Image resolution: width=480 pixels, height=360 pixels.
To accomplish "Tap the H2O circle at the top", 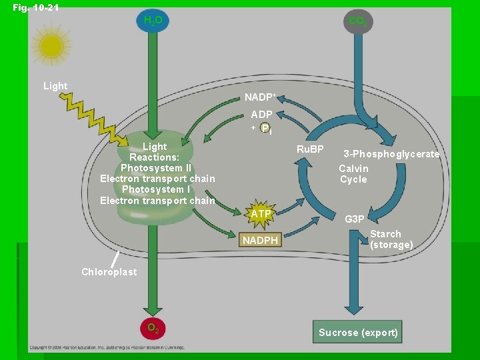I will point(153,21).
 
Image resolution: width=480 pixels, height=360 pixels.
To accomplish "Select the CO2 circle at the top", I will point(357,22).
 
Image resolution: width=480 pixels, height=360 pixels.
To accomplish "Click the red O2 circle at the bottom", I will point(153,328).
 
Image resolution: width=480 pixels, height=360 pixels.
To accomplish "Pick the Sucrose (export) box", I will point(358,332).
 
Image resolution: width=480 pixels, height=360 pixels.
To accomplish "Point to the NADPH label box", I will point(260,239).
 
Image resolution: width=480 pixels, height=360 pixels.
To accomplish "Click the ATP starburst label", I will point(261,214).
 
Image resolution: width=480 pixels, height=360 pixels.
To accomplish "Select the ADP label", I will point(261,115).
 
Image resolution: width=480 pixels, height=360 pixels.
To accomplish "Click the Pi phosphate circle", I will point(265,128).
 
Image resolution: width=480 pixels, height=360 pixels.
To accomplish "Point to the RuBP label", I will point(310,149).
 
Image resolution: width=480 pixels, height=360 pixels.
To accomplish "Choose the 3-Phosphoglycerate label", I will point(391,154).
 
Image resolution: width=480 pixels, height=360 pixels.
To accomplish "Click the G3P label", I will point(355,219).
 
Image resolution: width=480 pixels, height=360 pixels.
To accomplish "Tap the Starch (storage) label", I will point(391,239).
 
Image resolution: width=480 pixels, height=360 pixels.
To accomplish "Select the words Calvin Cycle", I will point(353,174).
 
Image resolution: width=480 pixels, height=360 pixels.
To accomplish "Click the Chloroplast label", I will point(109,271).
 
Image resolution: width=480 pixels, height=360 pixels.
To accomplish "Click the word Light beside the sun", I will point(55,86).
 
